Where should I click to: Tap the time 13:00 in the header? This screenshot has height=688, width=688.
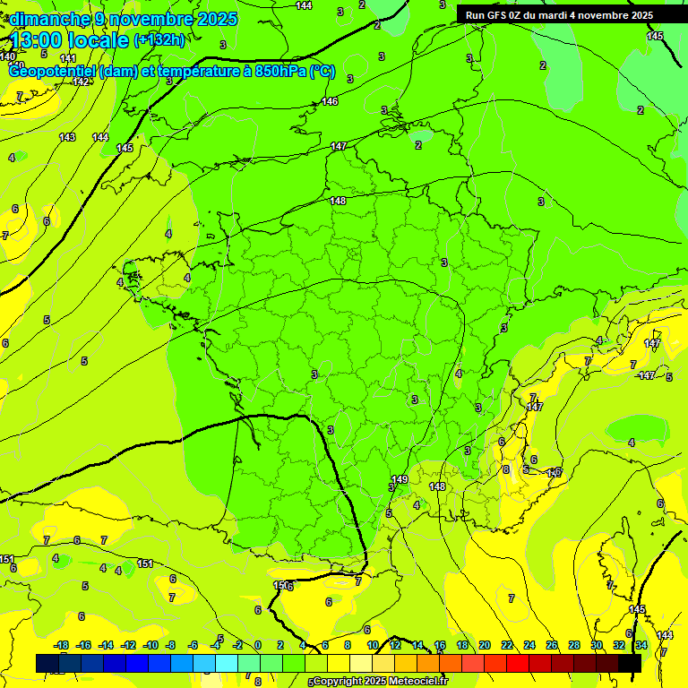pos(38,39)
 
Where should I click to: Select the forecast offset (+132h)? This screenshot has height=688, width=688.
pos(159,39)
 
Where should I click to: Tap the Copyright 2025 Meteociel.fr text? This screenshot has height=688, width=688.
pos(380,681)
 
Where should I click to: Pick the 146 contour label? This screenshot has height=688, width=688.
pos(330,101)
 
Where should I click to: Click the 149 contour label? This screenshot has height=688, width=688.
pos(400,479)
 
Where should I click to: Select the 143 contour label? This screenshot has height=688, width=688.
pos(67,137)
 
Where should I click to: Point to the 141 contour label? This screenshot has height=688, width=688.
pos(68,58)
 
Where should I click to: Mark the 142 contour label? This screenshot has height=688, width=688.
pos(81,82)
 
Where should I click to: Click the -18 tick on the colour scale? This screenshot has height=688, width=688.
pos(62,645)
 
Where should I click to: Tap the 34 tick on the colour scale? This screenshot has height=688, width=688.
pos(641,645)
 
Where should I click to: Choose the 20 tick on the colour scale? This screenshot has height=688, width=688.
pos(484,645)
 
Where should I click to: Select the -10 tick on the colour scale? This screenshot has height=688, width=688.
pos(150,645)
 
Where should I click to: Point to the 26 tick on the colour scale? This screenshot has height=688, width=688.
pos(551,645)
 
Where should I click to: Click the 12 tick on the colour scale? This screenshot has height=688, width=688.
pos(395,645)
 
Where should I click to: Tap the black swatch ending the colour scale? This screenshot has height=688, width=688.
pos(630,663)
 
